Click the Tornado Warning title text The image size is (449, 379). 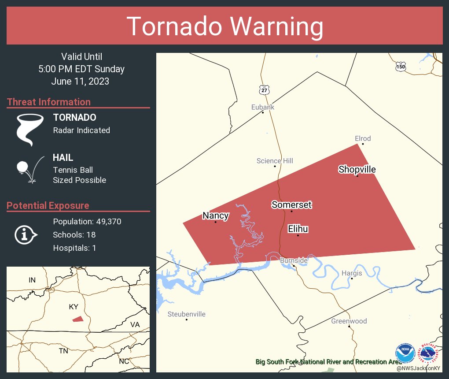click(224, 26)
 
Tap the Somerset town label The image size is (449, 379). click(291, 204)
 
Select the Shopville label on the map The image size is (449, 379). click(357, 169)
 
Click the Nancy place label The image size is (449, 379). click(215, 216)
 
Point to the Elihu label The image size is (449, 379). click(298, 229)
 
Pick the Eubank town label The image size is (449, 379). click(263, 107)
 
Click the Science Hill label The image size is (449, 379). click(275, 161)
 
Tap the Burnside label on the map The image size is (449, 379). click(294, 260)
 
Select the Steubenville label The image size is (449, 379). click(186, 314)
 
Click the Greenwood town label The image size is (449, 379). click(349, 321)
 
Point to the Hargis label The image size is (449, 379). click(352, 273)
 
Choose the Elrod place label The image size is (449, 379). click(363, 138)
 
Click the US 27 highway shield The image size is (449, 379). click(264, 89)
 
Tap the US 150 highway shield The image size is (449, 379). click(400, 67)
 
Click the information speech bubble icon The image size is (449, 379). click(26, 235)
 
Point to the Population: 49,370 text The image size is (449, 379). click(87, 221)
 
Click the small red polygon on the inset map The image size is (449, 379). click(77, 319)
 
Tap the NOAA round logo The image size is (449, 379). click(405, 353)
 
